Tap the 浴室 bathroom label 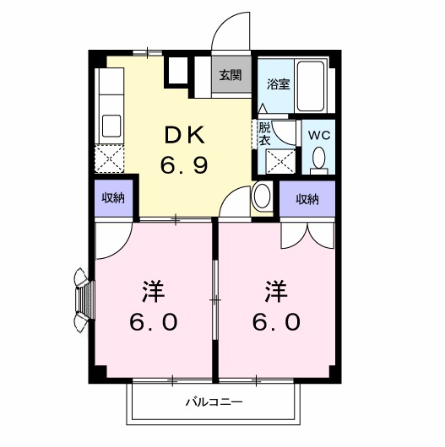click(277, 83)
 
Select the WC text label click(319, 134)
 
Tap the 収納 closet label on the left click(114, 199)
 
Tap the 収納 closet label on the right click(307, 199)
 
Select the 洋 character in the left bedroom click(153, 293)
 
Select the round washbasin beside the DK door click(261, 197)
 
